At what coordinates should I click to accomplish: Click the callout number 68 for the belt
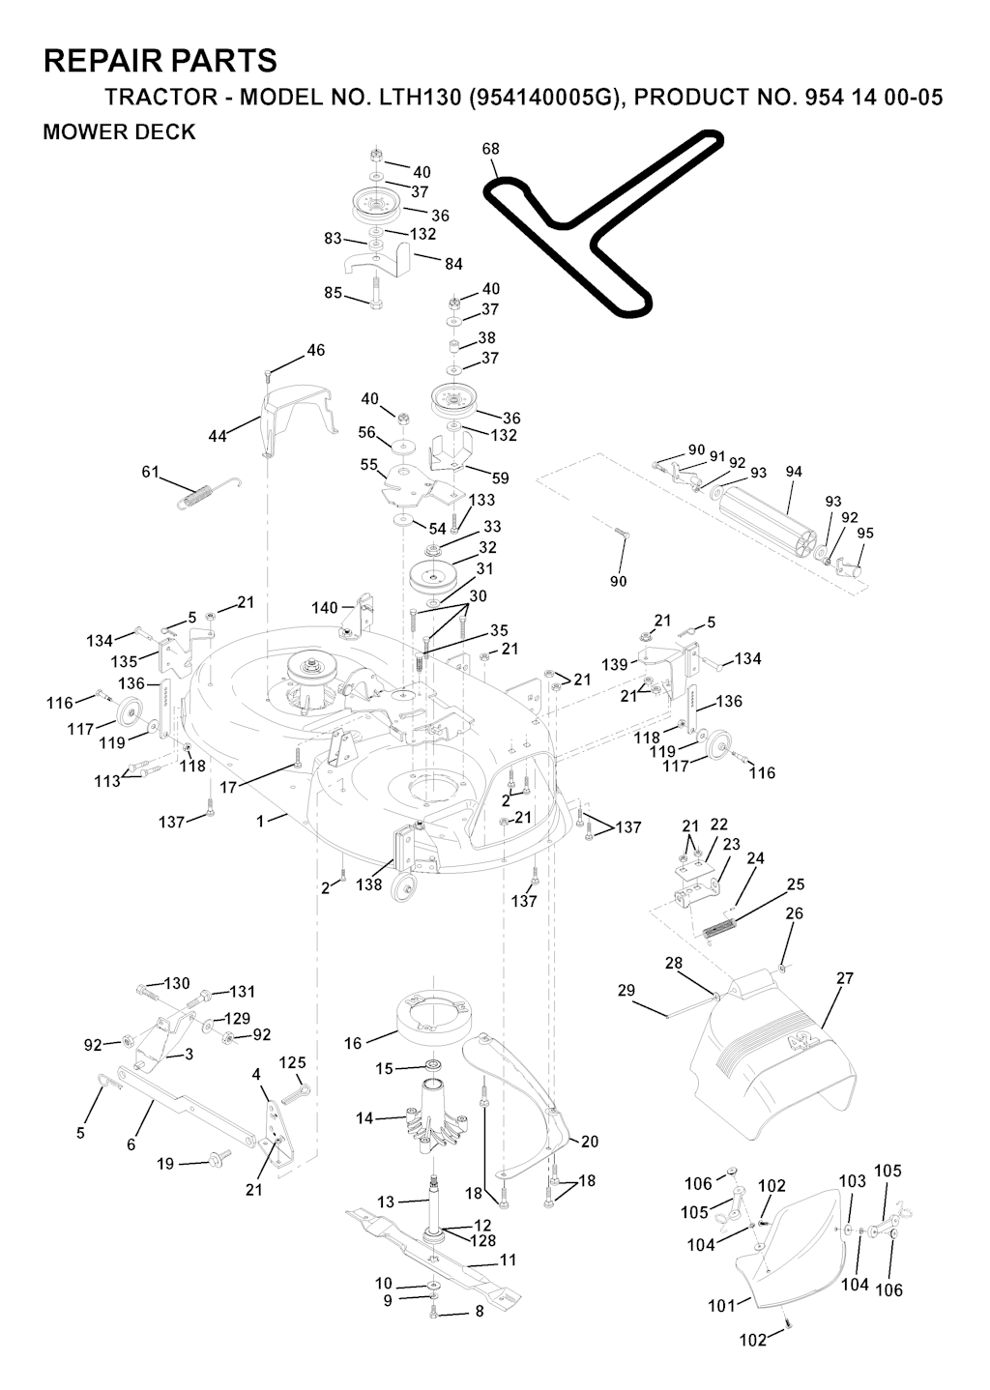coord(490,149)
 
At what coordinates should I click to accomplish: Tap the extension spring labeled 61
coord(209,493)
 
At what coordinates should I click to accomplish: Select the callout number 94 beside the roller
coord(794,472)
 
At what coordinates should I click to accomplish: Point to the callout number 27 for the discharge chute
coord(845,978)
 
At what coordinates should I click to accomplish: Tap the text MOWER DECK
coord(119,132)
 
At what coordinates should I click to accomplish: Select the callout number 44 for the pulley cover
coord(218,437)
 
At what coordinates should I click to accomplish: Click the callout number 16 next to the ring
coord(353,1043)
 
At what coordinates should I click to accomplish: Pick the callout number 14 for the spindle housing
coord(364,1118)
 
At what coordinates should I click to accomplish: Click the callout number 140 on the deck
coord(325,608)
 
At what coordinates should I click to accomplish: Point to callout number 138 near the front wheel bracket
coord(369,884)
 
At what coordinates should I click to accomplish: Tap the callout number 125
coord(292,1061)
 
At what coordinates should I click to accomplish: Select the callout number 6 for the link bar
coord(131,1144)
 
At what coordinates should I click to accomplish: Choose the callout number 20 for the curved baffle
coord(589,1142)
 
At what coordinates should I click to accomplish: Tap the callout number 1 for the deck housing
coord(261,821)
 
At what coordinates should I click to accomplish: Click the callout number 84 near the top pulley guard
coord(453,264)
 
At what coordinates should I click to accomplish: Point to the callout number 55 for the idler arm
coord(369,464)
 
